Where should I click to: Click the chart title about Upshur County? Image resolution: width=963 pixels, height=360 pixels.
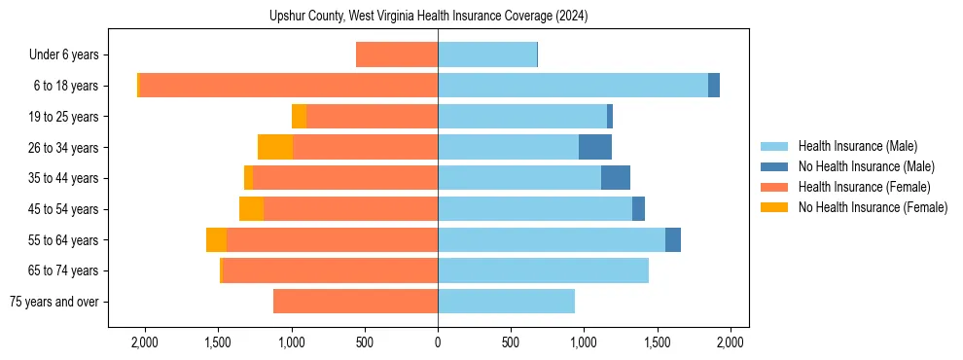428,17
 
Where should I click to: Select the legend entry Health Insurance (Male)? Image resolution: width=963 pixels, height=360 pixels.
857,146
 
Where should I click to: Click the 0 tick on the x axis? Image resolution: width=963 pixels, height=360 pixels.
438,342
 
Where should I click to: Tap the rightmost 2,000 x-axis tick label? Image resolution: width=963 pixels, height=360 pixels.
731,342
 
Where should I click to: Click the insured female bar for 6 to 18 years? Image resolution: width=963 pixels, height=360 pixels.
288,85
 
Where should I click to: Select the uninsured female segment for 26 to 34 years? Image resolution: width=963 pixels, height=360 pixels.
275,147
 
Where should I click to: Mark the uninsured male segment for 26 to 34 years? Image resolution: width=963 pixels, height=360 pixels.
595,147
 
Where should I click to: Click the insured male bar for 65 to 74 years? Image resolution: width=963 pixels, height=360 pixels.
543,270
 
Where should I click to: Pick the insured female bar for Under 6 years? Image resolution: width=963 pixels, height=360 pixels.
397,54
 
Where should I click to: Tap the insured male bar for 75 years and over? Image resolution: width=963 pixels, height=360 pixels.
506,302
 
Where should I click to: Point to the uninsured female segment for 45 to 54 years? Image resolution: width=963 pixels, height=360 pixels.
251,209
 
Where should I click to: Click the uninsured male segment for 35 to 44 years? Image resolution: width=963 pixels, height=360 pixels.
616,178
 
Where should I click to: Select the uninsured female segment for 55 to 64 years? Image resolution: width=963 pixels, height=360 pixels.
216,239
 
